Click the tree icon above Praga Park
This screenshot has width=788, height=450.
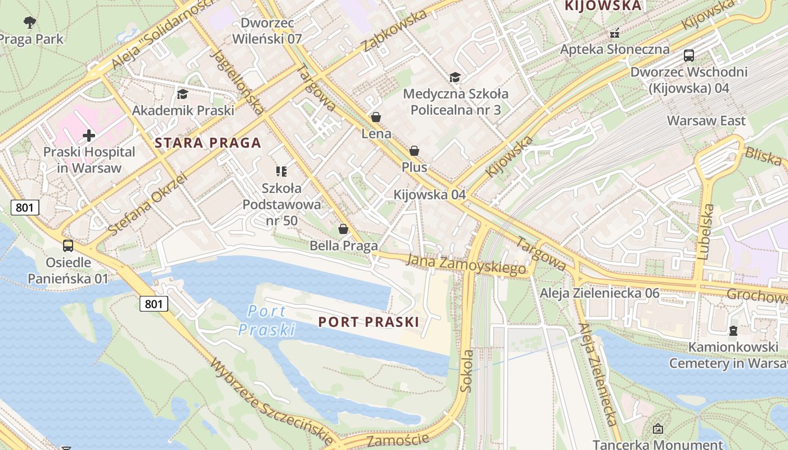coord(30,22)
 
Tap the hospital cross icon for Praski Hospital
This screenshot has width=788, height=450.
coord(89,136)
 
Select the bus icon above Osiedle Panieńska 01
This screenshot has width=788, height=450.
coord(68,246)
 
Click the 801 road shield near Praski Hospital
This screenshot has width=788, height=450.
coord(25,208)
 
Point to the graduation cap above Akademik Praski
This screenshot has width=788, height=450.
coord(182,94)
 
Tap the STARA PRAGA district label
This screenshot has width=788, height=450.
coord(208,143)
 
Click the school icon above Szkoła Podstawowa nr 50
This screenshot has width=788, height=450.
coord(281,171)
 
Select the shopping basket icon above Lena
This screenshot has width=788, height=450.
coord(376,117)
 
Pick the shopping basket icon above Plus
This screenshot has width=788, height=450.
coord(414,151)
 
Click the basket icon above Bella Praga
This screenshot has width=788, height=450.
coord(343,229)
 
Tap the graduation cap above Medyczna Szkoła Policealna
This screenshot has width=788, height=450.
coord(455,77)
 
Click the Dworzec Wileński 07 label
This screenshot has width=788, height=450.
coord(267,31)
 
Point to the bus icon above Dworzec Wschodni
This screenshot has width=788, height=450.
coord(689,55)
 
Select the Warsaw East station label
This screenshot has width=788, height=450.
coord(706,121)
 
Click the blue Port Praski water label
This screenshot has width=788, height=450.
coord(266,320)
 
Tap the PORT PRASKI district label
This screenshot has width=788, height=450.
coord(368,322)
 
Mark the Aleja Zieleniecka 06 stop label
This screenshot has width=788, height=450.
coord(599,293)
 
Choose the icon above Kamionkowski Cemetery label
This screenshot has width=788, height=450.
coord(733,330)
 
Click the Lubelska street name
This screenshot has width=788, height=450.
coord(706,232)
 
